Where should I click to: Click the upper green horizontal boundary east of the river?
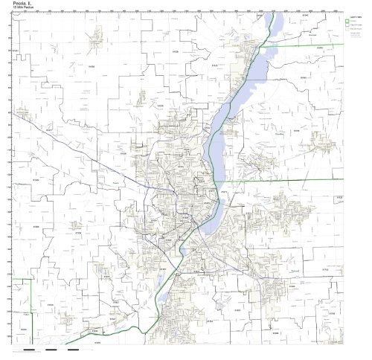312,46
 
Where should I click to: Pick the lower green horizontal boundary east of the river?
298,181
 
